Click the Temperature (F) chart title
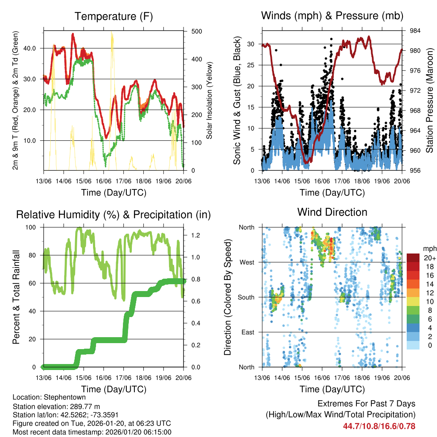[114, 17]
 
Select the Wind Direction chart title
[332, 212]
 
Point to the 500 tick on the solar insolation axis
[197, 32]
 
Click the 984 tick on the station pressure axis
[416, 31]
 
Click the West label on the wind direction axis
[246, 262]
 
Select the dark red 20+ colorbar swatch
[413, 258]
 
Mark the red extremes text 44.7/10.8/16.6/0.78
[379, 426]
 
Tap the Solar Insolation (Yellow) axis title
[210, 100]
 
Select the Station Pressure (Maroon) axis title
[429, 100]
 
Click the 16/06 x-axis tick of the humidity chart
[104, 378]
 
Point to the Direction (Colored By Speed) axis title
[228, 297]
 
